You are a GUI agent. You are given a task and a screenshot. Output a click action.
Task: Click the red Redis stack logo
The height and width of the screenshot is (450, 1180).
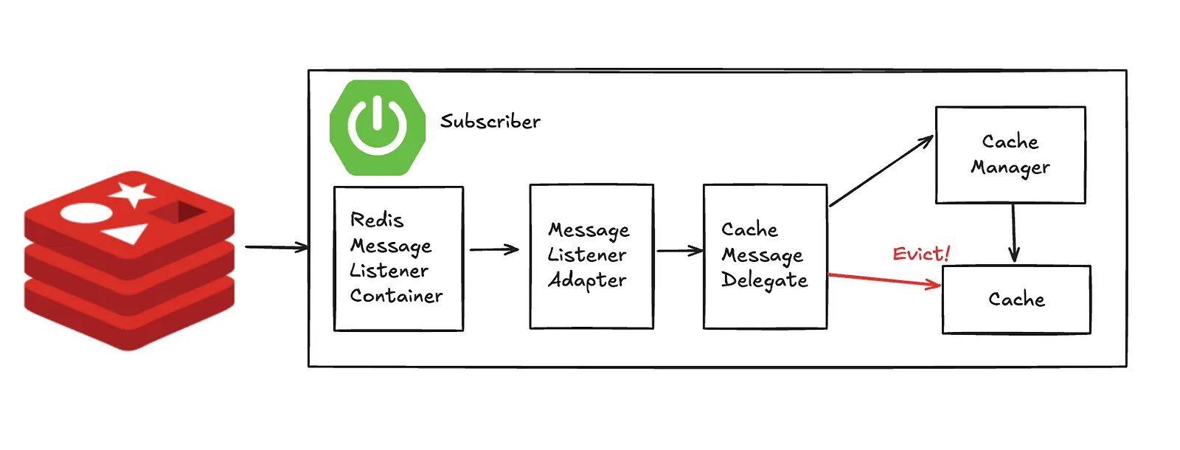129,261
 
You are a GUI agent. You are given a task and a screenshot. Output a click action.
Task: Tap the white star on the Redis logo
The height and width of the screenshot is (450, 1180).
132,194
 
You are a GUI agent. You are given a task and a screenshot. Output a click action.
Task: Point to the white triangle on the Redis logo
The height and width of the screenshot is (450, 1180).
125,233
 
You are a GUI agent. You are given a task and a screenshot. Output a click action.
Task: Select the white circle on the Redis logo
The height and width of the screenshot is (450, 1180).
86,213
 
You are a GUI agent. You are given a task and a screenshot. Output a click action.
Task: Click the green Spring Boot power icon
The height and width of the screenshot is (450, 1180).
377,128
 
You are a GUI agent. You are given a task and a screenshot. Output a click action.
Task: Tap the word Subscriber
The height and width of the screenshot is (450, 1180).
490,121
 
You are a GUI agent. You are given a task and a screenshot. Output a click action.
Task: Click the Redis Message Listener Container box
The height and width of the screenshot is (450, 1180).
399,259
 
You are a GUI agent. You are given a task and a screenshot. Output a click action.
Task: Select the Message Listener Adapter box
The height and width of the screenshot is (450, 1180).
591,257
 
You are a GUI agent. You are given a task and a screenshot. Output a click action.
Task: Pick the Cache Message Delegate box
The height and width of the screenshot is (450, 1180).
765,257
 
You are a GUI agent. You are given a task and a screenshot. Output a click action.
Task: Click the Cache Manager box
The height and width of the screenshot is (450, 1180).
1010,155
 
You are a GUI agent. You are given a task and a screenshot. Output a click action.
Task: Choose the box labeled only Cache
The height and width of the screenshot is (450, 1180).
1016,300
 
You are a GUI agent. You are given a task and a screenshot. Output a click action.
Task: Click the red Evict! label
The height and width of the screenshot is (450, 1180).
921,254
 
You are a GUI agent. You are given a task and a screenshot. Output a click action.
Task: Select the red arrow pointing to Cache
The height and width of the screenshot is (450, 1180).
885,280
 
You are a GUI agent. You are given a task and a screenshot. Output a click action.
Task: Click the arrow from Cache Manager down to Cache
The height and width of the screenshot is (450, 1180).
1013,232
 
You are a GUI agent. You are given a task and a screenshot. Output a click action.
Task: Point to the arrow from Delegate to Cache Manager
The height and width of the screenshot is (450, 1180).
881,170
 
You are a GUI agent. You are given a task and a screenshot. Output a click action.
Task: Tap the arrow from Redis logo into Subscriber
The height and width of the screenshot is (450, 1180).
277,247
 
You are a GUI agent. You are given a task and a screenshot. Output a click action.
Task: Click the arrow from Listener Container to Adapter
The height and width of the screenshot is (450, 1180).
494,249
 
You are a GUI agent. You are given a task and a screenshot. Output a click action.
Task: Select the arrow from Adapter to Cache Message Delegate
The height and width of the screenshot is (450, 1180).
679,251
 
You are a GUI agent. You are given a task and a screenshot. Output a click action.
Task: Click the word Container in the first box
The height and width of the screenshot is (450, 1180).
396,296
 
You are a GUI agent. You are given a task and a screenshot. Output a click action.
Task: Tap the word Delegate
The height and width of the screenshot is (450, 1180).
764,280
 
